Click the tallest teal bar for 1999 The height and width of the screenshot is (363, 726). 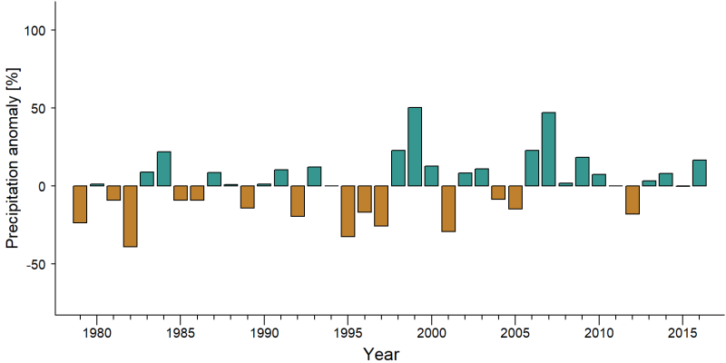tap(415, 146)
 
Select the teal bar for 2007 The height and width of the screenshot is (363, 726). tap(549, 149)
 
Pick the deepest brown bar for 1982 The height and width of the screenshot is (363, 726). tap(130, 216)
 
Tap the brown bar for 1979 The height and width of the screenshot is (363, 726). tap(80, 204)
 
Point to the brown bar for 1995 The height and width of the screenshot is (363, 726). tap(348, 211)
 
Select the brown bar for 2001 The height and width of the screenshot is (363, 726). tap(448, 209)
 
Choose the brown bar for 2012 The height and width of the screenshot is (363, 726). tap(633, 200)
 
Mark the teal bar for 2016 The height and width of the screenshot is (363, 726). tap(699, 173)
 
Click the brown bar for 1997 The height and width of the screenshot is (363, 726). tap(381, 206)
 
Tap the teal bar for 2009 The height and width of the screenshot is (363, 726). tap(582, 172)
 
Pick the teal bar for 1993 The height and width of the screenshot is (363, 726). tap(314, 176)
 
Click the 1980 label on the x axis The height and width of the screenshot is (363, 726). tap(97, 333)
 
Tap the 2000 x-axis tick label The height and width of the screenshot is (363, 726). tap(432, 333)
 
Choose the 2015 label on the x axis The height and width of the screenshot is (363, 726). tap(682, 333)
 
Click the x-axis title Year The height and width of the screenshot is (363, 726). tap(380, 354)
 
